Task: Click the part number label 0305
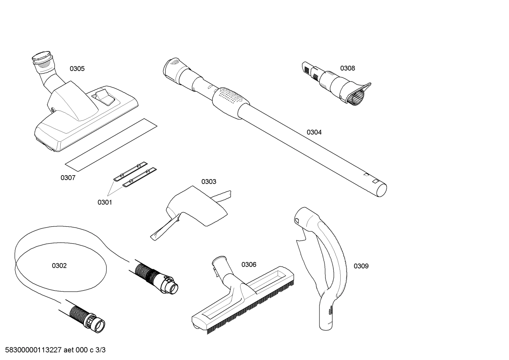point(77,69)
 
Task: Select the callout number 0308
point(347,68)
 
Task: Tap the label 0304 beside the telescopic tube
point(314,132)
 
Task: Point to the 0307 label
point(68,178)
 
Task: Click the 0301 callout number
point(104,202)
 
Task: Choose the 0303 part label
point(209,182)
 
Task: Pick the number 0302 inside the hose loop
point(59,265)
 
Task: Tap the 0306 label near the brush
point(249,265)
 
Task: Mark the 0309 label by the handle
point(361,266)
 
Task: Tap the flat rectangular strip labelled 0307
point(111,142)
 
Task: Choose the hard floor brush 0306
point(244,297)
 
